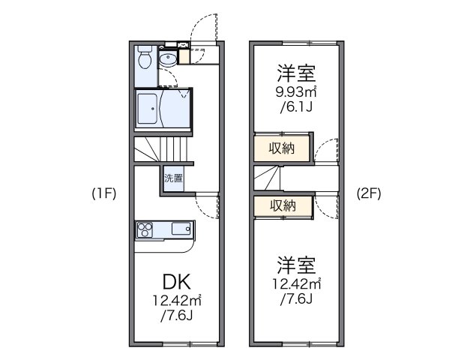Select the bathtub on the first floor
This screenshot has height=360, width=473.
point(160,107)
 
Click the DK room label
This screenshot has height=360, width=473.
point(177,283)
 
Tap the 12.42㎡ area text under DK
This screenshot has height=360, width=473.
point(178,302)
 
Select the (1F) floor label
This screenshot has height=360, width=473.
point(102,193)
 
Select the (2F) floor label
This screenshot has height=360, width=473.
point(369,193)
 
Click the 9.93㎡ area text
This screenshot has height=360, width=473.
point(296,92)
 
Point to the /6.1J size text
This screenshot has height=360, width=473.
point(295,107)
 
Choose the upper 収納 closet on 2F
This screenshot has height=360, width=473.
point(283,148)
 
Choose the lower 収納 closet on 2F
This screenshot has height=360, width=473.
point(283,205)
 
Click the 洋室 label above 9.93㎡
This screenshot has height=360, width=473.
point(295,73)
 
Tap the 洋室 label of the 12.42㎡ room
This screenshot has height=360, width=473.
point(295,265)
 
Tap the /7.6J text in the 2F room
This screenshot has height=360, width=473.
point(295,299)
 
